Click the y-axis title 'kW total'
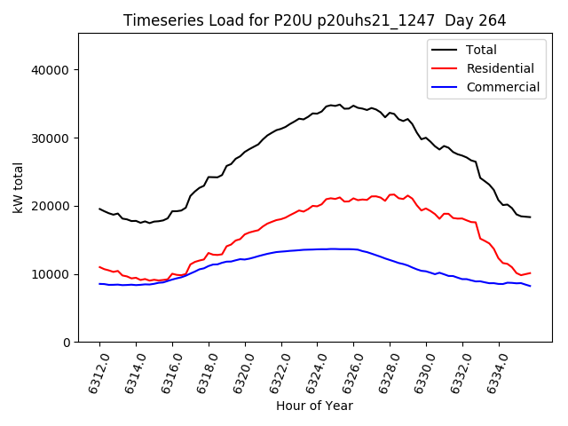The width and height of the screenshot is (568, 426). coord(19,188)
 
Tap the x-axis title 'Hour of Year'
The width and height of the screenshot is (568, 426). coord(314,406)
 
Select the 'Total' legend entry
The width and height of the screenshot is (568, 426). coord(481,50)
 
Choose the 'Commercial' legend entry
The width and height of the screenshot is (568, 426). coord(502,87)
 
